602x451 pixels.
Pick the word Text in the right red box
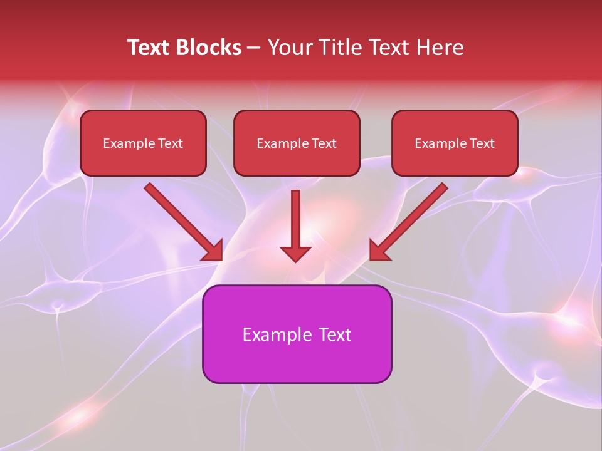482,143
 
